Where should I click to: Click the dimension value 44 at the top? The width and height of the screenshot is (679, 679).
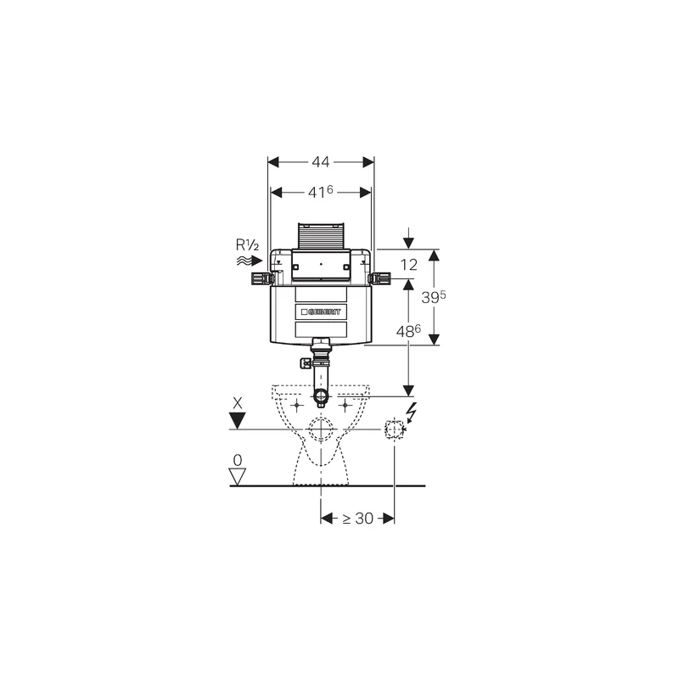(x=321, y=162)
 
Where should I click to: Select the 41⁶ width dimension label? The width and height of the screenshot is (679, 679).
(x=321, y=192)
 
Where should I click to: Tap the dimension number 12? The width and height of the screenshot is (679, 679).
(x=409, y=265)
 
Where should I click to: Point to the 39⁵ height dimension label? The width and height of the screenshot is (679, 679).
(x=434, y=297)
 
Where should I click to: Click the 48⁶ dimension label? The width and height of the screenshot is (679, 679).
(x=408, y=331)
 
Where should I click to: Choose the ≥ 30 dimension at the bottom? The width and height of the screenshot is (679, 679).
(x=357, y=519)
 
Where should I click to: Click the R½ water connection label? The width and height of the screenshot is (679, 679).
(x=247, y=245)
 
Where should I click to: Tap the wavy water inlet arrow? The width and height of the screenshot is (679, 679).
(x=250, y=261)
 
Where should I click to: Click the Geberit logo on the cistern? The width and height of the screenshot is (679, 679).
(x=321, y=311)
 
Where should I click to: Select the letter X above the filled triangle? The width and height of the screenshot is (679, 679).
(x=238, y=404)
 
